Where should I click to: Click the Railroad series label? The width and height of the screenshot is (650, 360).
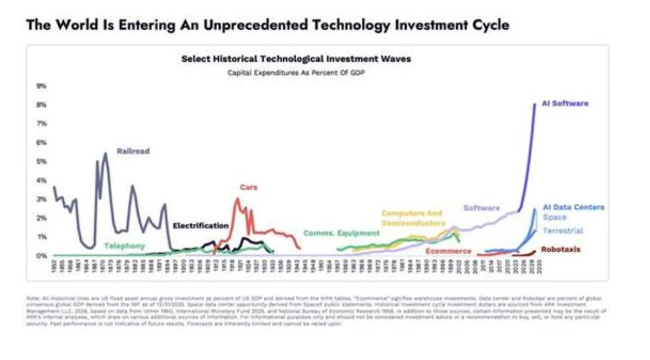[133, 152]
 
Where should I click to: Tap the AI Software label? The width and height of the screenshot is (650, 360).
[564, 103]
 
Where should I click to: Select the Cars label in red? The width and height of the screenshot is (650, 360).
[249, 187]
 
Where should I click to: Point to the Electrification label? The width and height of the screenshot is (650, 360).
[200, 225]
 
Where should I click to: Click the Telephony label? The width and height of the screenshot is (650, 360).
[125, 246]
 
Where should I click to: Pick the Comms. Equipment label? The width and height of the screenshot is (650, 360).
[341, 233]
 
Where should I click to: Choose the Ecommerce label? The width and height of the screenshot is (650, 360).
[448, 251]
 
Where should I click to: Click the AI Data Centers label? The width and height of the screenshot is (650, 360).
[573, 207]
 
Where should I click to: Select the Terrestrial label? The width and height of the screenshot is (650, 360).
[563, 231]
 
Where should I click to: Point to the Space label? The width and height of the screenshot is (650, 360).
[554, 218]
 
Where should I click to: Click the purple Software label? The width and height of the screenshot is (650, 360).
[482, 208]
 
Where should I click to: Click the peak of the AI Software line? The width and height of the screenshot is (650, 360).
[535, 104]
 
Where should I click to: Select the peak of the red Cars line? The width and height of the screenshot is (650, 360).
[237, 199]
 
